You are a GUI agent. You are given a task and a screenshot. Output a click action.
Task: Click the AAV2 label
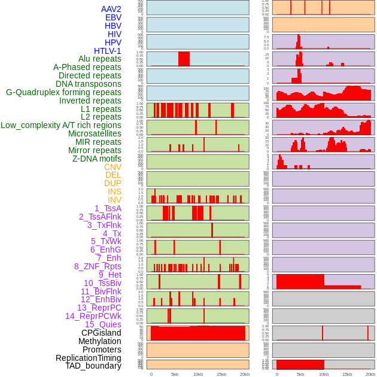pyautogui.click(x=111, y=9)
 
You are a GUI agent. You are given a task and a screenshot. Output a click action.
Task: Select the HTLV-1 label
pyautogui.click(x=107, y=51)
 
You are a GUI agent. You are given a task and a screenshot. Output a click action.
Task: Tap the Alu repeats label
pyautogui.click(x=100, y=59)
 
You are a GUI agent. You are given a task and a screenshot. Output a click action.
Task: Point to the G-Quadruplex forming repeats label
pyautogui.click(x=63, y=92)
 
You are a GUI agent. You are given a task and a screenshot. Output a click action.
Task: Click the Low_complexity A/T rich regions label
pyautogui.click(x=61, y=125)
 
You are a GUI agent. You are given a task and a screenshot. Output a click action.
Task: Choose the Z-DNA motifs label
pyautogui.click(x=97, y=159)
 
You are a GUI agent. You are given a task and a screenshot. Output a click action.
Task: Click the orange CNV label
pyautogui.click(x=113, y=167)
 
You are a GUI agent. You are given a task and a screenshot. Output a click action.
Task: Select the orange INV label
pyautogui.click(x=114, y=200)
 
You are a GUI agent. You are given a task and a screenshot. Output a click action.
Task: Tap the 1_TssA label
pyautogui.click(x=108, y=208)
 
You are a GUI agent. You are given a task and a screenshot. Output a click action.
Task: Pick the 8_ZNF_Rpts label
pyautogui.click(x=98, y=266)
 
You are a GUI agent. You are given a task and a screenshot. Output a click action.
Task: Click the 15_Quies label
pyautogui.click(x=103, y=324)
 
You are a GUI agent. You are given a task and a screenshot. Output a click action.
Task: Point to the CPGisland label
pyautogui.click(x=101, y=333)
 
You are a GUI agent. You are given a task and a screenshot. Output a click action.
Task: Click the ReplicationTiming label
pyautogui.click(x=89, y=358)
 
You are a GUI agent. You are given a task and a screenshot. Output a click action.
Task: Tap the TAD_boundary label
pyautogui.click(x=93, y=366)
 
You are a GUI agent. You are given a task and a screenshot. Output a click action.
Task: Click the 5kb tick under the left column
pyautogui.click(x=175, y=374)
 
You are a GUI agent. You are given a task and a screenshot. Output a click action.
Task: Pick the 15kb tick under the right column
pyautogui.click(x=347, y=374)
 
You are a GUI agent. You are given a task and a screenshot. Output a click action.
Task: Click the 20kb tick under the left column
pyautogui.click(x=245, y=374)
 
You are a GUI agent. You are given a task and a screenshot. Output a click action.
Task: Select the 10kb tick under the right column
pyautogui.click(x=324, y=374)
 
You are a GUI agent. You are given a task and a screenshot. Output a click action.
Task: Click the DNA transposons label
pyautogui.click(x=89, y=84)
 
